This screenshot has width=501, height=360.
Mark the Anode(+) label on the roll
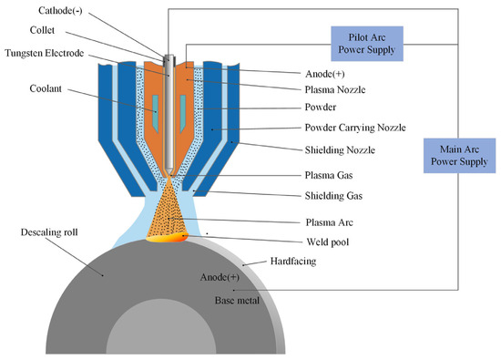(220, 276)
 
